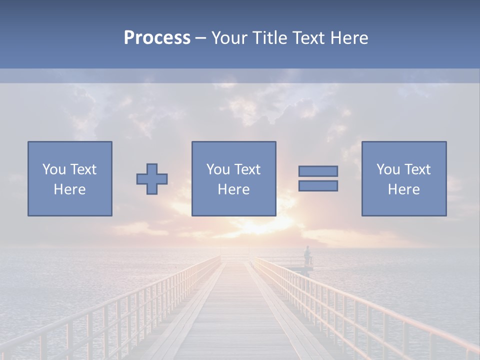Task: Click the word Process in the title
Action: pos(157,38)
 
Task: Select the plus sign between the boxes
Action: pos(152,179)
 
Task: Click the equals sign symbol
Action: pos(318,178)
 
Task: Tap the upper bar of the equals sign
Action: pos(318,171)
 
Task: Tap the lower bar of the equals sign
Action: pos(318,186)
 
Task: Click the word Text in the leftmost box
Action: pos(83,169)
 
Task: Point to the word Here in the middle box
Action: pos(233,189)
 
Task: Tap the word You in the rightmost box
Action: pos(388,169)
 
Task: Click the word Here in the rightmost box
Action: pos(403,189)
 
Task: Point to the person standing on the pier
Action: pos(307,254)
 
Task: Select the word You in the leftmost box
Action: pos(54,169)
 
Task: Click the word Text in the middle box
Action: pos(247,169)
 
